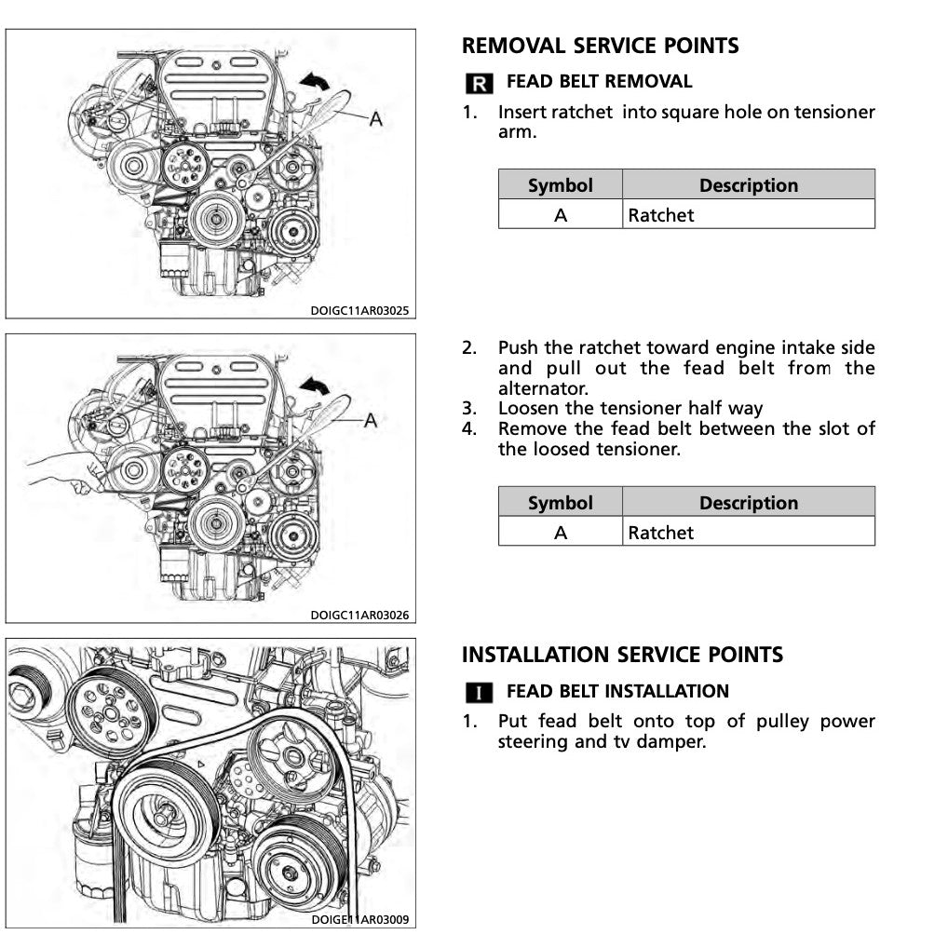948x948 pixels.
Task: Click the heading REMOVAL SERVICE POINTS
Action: pos(600,46)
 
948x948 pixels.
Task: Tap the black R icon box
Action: pos(478,84)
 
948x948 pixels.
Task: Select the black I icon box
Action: pos(478,693)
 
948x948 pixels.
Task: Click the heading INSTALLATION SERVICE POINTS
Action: pos(622,655)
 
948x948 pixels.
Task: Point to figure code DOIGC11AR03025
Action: pos(360,311)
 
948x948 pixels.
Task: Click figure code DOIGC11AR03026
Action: pos(360,616)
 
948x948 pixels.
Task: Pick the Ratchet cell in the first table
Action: pos(661,215)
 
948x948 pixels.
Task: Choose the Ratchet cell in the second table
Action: pos(661,533)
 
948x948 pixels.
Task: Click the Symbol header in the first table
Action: pos(560,185)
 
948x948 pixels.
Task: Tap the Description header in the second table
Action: pos(748,503)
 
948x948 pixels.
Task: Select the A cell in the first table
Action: pos(560,215)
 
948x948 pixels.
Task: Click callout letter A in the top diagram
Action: pos(376,119)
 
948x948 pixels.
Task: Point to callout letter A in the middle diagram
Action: pos(371,421)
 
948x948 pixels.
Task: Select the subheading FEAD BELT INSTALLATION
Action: pos(616,692)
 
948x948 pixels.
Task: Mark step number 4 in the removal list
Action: pos(469,429)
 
